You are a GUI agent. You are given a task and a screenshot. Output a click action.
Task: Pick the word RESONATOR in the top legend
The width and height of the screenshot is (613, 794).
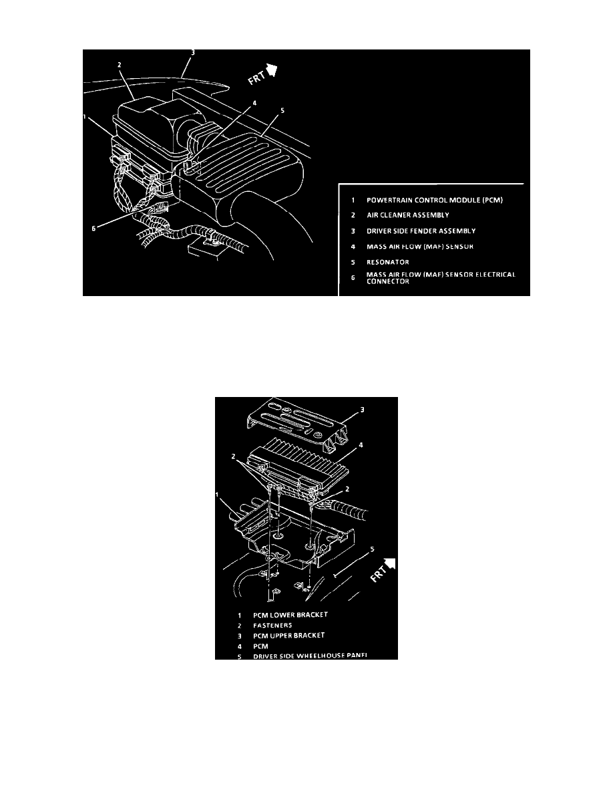387,262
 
